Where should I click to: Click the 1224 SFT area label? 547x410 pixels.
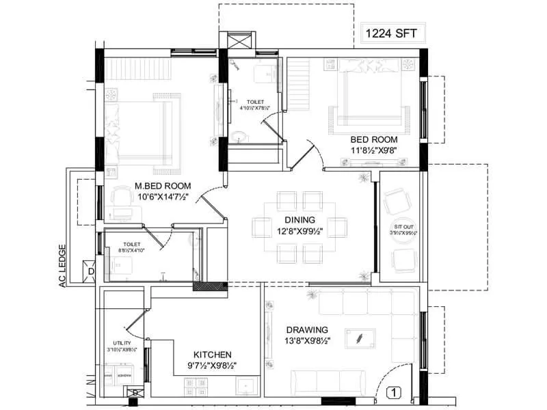pos(392,32)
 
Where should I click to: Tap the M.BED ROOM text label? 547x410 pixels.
pos(163,186)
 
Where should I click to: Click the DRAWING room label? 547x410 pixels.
pos(307,329)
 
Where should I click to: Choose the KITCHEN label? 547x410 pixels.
pos(212,355)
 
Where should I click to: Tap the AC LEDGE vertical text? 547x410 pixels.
pos(62,266)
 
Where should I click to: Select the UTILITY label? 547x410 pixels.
pos(122,343)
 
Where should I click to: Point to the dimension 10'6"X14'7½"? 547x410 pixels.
pos(163,197)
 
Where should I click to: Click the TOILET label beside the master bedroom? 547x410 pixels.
pos(131,243)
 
